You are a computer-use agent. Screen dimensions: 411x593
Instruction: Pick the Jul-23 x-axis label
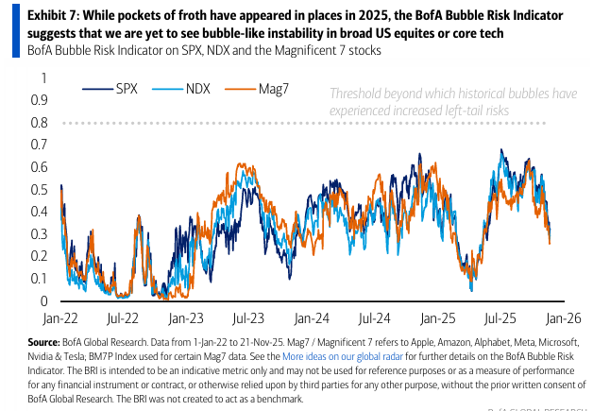point(246,318)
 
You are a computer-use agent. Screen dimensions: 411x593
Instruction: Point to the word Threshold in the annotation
point(358,94)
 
